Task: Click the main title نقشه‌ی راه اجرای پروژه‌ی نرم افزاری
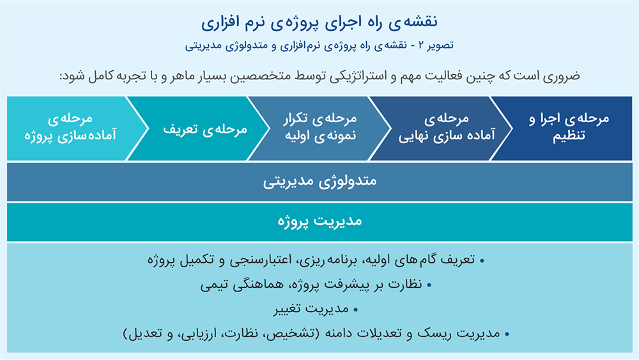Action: tap(319, 22)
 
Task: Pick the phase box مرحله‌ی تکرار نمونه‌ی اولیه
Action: tap(320, 128)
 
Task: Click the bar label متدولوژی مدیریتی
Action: tap(320, 182)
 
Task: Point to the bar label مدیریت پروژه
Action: tap(320, 221)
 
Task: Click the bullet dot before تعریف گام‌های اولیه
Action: tap(482, 260)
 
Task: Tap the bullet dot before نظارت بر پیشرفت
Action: tap(429, 285)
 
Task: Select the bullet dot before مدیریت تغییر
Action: tap(356, 310)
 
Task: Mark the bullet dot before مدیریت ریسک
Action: tap(507, 334)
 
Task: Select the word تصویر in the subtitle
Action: tap(442, 45)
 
